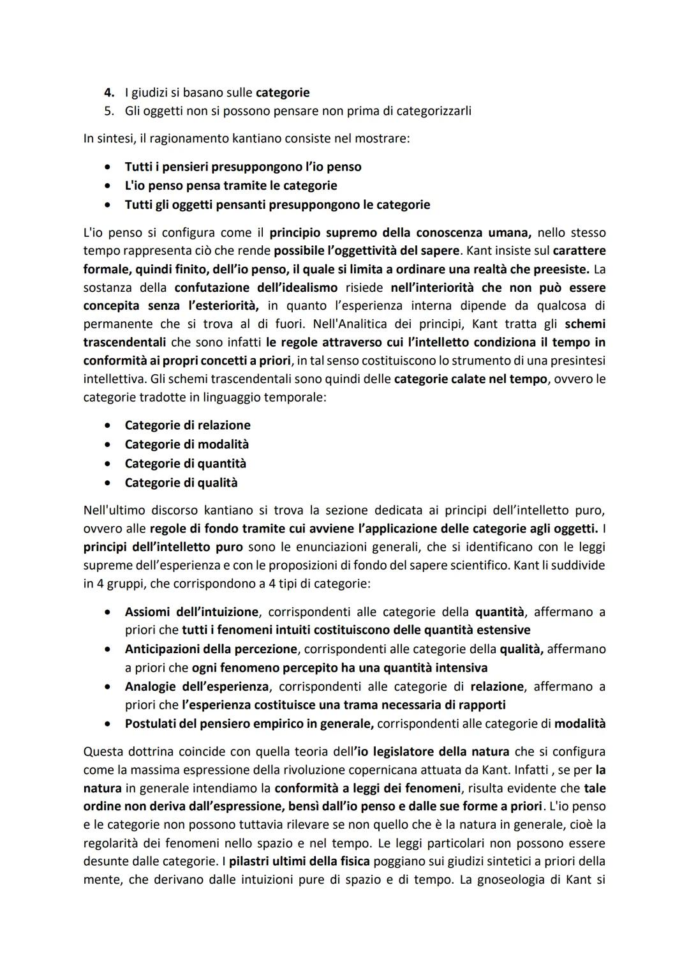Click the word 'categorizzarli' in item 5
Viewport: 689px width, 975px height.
coord(434,111)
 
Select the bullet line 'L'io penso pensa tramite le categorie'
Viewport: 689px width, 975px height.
coord(231,186)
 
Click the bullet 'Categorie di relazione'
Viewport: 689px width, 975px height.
coord(188,425)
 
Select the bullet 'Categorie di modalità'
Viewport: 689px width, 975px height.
coord(187,444)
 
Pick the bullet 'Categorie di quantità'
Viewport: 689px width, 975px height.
coord(186,464)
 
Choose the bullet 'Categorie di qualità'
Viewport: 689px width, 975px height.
coord(181,483)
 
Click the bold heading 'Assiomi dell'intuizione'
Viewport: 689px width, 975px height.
coord(191,612)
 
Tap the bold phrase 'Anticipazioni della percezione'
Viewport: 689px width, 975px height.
coord(211,649)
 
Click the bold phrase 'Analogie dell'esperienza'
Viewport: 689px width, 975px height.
coord(196,686)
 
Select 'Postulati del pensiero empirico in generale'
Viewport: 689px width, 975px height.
coord(249,724)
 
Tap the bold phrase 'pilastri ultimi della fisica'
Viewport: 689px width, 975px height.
coord(300,861)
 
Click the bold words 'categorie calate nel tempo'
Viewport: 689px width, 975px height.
coord(470,379)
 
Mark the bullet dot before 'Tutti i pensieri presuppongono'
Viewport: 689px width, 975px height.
coord(110,167)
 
